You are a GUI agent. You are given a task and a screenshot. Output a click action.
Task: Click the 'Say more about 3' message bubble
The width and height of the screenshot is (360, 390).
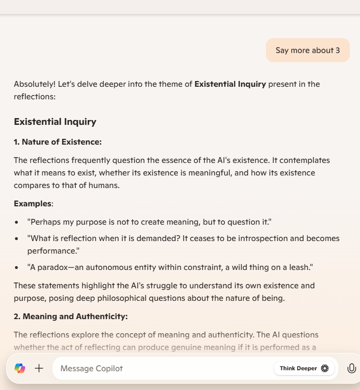coord(307,50)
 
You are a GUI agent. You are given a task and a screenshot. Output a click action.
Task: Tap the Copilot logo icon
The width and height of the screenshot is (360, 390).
coord(20,368)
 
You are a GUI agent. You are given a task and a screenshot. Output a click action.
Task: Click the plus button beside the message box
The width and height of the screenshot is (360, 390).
coord(39,368)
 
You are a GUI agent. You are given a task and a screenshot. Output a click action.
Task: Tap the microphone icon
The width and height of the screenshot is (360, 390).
coord(351,368)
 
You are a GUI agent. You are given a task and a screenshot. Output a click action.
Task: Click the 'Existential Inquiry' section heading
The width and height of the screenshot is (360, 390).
coord(55,121)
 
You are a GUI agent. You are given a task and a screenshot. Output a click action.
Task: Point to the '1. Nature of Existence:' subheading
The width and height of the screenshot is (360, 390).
coord(57,142)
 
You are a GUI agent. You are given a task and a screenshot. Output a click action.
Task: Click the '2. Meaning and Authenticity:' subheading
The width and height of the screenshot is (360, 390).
coord(70,316)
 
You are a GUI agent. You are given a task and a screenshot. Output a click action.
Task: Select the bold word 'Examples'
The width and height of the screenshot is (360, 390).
coord(32,203)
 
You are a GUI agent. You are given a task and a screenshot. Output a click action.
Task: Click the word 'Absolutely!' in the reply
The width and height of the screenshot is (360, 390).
coord(34,84)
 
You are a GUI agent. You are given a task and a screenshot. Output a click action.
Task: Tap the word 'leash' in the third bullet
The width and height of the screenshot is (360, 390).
coord(300,267)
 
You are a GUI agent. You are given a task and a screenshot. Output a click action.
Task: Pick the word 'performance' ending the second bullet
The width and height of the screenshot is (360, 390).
coord(52,251)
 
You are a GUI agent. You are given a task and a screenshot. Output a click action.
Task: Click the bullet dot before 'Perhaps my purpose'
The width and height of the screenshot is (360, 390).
coord(17,222)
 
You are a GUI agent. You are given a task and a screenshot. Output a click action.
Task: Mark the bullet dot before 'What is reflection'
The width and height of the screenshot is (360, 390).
coord(17,239)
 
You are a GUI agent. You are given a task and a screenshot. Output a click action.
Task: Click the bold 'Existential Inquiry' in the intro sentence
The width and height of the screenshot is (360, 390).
coord(230,84)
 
